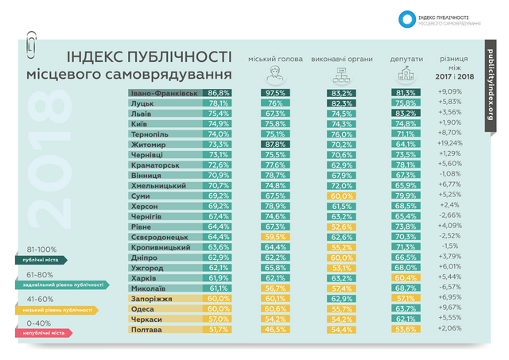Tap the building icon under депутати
pyautogui.click(x=404, y=75)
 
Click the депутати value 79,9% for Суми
pyautogui.click(x=406, y=195)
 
